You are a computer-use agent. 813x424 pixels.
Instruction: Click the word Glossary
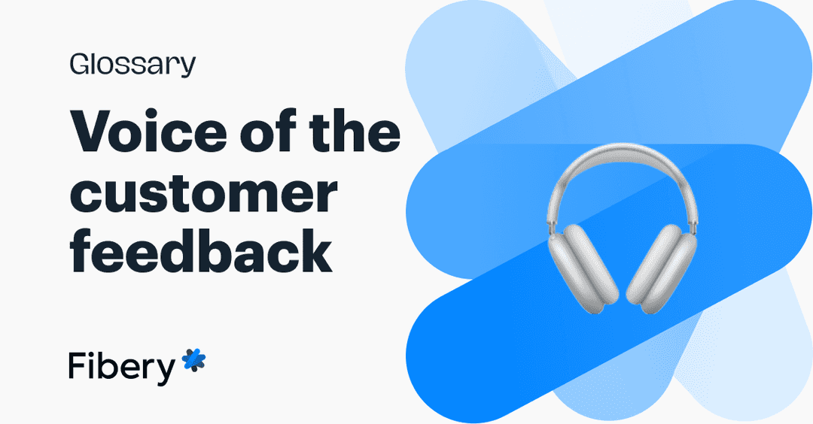(132, 65)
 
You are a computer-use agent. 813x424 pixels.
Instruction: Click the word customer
(203, 194)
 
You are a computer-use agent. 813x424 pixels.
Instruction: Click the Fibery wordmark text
(121, 366)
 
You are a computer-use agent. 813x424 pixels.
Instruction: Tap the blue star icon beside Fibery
(193, 361)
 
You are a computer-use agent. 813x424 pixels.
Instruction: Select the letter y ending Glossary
(187, 68)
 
